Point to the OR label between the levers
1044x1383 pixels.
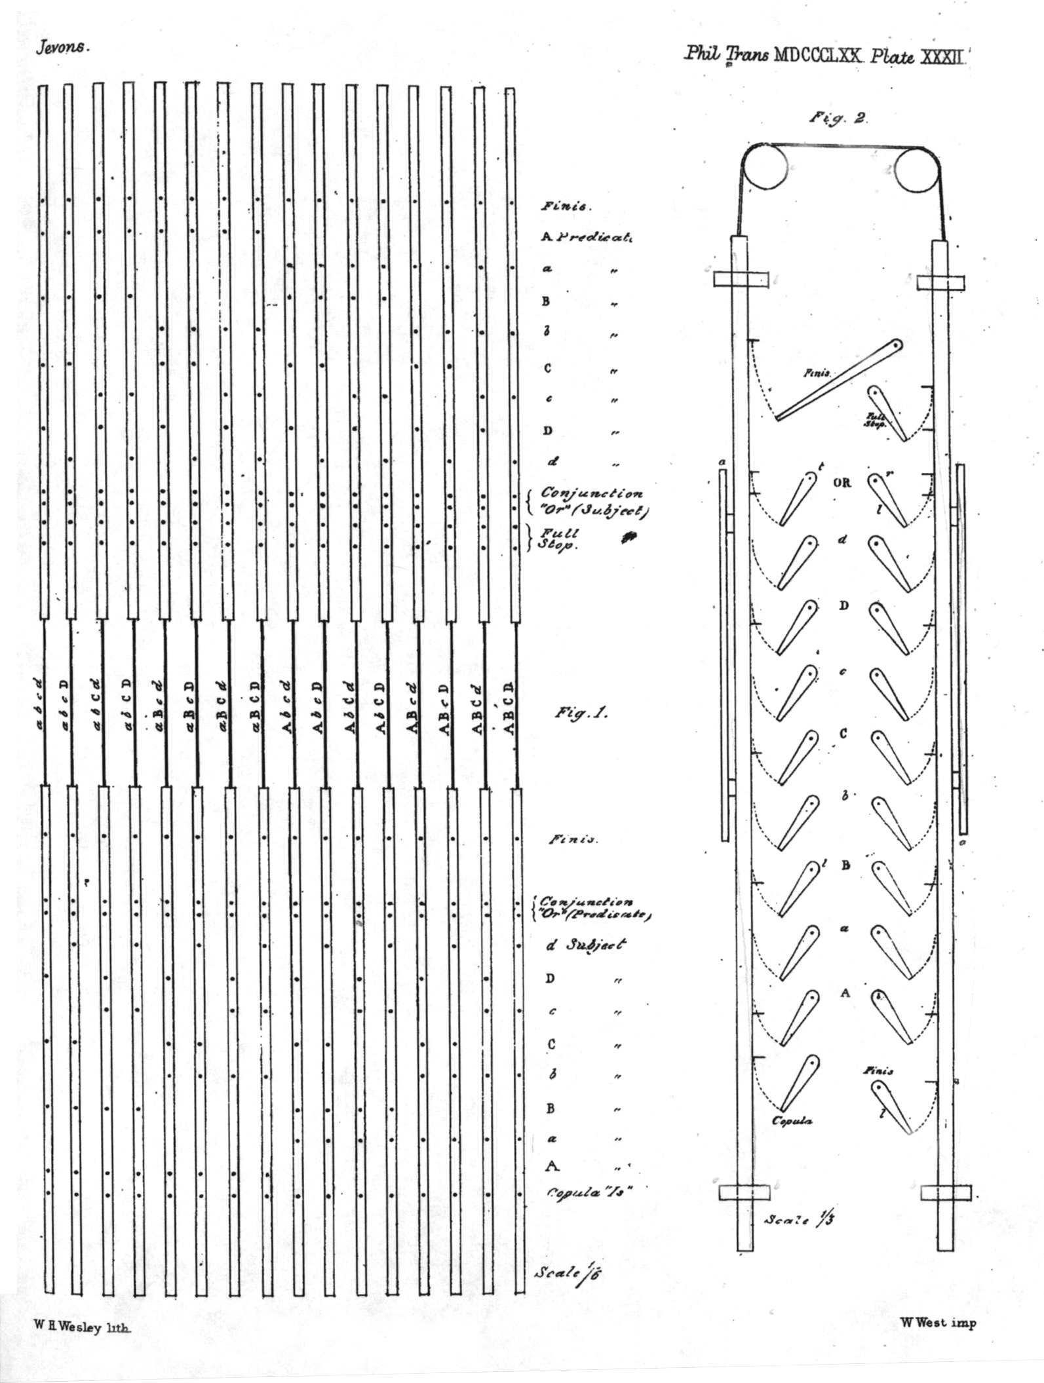click(842, 483)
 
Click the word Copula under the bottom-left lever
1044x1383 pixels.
click(792, 1120)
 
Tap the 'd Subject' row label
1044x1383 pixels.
click(585, 944)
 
